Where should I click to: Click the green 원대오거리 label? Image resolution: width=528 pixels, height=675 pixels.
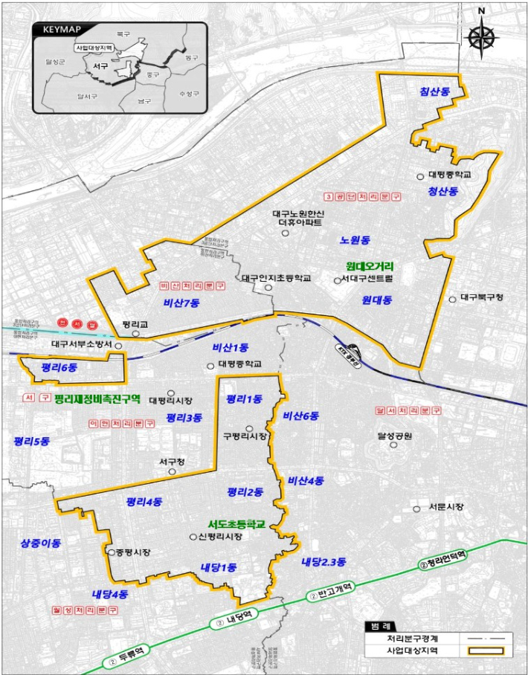[x=370, y=266]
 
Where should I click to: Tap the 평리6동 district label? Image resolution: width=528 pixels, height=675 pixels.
[x=59, y=367]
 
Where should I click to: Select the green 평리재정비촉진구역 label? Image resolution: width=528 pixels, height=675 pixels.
[x=97, y=399]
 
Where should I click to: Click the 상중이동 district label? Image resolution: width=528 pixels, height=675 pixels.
[x=41, y=543]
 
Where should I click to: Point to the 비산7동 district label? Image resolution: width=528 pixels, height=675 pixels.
[x=182, y=303]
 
